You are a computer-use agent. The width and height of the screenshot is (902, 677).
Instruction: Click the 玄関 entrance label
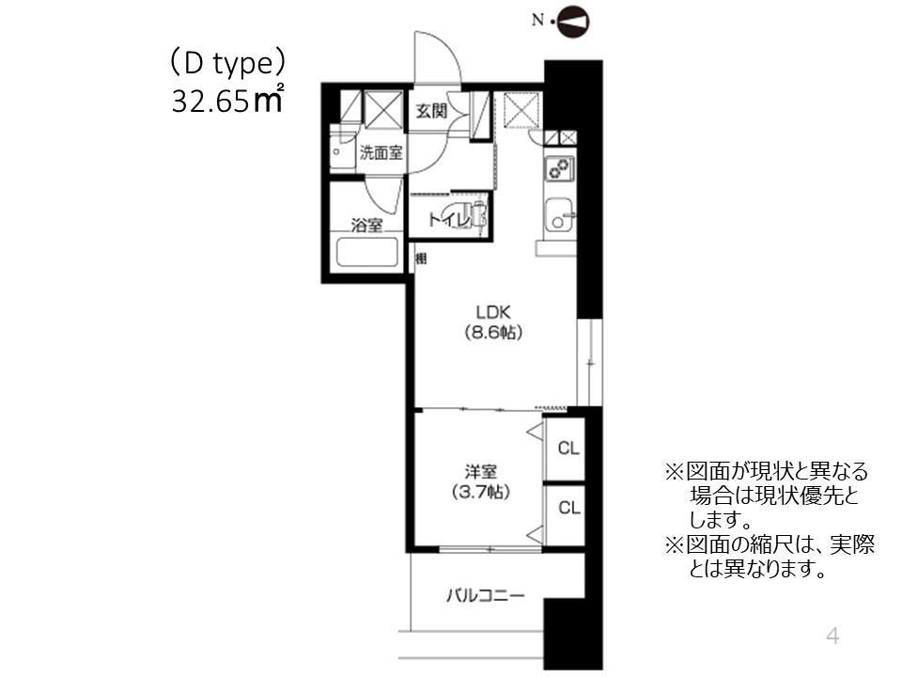[432, 111]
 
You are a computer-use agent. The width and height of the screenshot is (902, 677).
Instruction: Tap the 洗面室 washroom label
[381, 153]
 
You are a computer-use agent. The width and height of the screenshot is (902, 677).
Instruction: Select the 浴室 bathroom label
[366, 225]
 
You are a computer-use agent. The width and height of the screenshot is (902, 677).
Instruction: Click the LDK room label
[492, 312]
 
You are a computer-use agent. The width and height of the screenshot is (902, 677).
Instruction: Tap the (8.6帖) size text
[492, 332]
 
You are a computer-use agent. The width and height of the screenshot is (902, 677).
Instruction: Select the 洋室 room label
[479, 470]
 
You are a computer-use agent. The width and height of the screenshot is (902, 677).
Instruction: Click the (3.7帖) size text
[479, 491]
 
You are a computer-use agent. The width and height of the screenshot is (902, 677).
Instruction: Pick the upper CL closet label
[568, 448]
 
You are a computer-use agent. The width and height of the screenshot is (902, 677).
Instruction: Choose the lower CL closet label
[568, 508]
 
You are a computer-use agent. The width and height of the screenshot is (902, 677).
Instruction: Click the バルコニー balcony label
[485, 595]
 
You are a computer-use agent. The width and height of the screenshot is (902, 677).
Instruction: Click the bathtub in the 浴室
[366, 254]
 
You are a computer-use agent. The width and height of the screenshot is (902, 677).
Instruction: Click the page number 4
[831, 637]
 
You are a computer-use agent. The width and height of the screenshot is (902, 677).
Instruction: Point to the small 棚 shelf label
[421, 258]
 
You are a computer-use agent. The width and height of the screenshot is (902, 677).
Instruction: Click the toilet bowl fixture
[470, 215]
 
